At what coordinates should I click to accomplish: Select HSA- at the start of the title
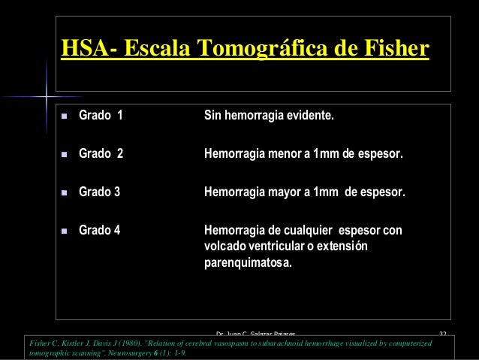86,49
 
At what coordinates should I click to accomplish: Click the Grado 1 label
101,117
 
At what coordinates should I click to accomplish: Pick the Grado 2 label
101,155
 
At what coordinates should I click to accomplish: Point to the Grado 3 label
99,192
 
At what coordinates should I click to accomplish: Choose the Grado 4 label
99,230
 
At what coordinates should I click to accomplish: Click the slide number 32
443,332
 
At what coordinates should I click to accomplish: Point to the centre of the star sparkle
46,97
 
